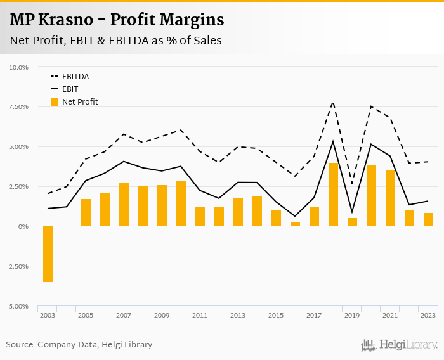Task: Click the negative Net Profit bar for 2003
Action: (48, 254)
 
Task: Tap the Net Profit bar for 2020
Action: (371, 196)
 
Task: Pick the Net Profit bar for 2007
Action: (124, 204)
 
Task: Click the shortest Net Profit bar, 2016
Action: (295, 224)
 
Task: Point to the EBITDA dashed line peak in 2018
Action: (333, 102)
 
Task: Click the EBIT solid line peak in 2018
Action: (333, 141)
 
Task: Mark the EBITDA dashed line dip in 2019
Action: (352, 184)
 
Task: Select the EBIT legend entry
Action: (70, 89)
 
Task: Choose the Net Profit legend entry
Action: (79, 102)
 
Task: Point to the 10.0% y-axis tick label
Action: (19, 67)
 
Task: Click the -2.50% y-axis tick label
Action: (18, 266)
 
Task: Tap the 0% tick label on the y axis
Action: (23, 226)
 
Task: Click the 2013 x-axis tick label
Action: (238, 315)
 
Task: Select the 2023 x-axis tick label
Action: (428, 315)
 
